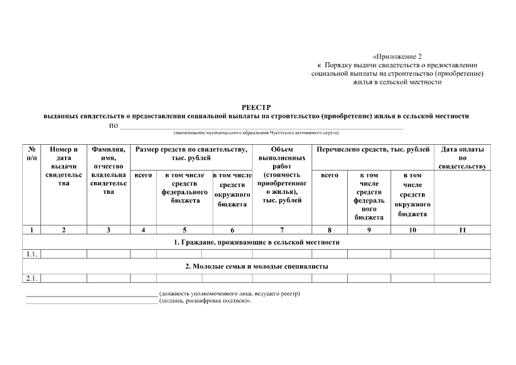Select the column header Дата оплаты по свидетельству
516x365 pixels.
[x=462, y=157]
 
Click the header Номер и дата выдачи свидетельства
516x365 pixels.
[x=63, y=166]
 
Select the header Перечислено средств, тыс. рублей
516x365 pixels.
[x=371, y=149]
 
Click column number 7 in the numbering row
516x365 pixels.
[x=282, y=230]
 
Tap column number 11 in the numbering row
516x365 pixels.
[x=462, y=230]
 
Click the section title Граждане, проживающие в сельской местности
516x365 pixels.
[x=257, y=242]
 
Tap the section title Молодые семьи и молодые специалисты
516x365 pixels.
[x=257, y=266]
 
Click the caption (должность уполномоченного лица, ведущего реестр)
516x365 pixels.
[x=230, y=294]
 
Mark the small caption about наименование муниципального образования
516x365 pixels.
[x=256, y=132]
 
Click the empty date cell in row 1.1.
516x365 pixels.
[x=462, y=254]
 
